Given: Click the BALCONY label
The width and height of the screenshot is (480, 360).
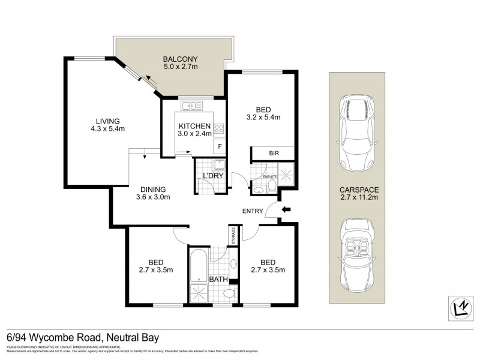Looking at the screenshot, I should tap(180, 59).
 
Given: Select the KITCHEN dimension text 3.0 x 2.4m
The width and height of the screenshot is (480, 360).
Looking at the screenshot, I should tap(193, 134).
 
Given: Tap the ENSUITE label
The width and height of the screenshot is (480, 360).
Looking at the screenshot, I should tap(271, 176).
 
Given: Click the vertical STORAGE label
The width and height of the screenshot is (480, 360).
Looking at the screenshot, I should tap(233, 235).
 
